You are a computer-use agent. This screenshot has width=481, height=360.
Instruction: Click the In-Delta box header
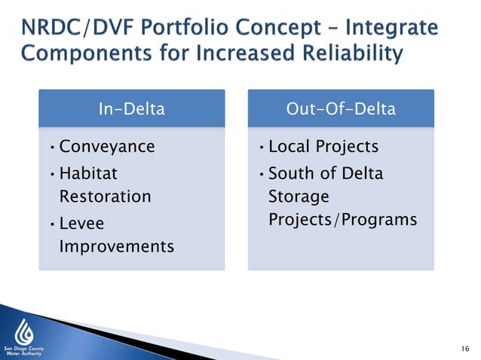(131, 108)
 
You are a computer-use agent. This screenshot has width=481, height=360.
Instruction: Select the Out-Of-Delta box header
(341, 108)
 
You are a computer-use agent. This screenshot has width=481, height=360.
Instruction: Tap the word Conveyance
(106, 146)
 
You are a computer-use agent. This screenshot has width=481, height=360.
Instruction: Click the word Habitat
(88, 174)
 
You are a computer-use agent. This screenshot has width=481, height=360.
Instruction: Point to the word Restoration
(105, 197)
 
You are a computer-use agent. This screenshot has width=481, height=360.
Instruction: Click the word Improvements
(116, 247)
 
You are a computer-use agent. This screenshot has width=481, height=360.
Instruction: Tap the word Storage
(299, 197)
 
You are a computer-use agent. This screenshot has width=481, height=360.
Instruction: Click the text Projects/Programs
(342, 219)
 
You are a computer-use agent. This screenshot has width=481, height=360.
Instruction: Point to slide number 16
(464, 347)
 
